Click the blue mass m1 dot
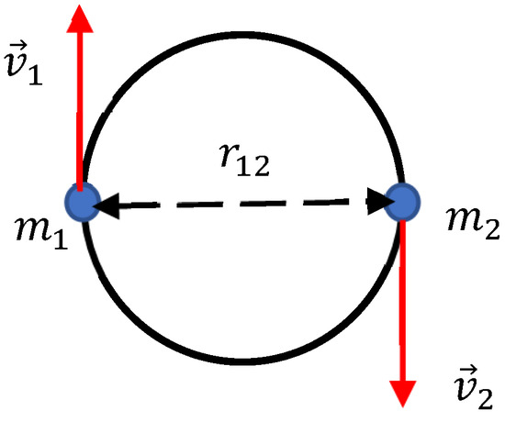[83, 202]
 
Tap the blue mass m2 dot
[402, 202]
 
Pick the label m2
[473, 223]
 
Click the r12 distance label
[244, 160]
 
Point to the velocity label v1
[24, 63]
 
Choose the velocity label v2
[473, 387]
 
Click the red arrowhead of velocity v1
[80, 18]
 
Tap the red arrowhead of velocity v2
[403, 394]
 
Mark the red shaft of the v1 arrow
[80, 111]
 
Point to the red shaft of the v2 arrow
[402, 301]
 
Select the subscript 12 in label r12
[253, 165]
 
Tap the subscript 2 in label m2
[492, 229]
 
